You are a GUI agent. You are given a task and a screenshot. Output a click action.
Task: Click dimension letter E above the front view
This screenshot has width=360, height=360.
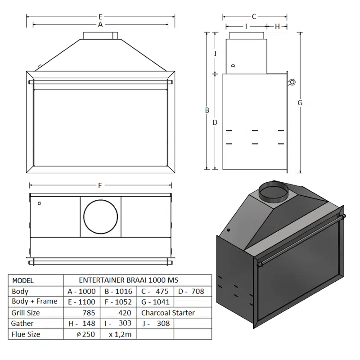(x=100, y=17)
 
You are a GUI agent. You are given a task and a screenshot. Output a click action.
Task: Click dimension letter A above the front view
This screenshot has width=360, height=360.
(x=100, y=24)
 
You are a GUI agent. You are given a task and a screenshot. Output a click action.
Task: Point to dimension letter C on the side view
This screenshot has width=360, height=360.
(x=254, y=17)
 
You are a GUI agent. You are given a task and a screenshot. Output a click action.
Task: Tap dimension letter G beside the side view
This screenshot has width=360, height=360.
(x=300, y=103)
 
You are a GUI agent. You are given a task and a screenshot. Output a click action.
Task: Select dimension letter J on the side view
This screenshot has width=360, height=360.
(x=215, y=53)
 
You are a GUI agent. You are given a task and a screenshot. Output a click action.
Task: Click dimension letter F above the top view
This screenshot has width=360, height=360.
(x=99, y=185)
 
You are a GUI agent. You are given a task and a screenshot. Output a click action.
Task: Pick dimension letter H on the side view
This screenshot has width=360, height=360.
(x=277, y=27)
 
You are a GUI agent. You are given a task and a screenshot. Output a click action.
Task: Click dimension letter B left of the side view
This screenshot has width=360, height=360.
(x=207, y=110)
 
